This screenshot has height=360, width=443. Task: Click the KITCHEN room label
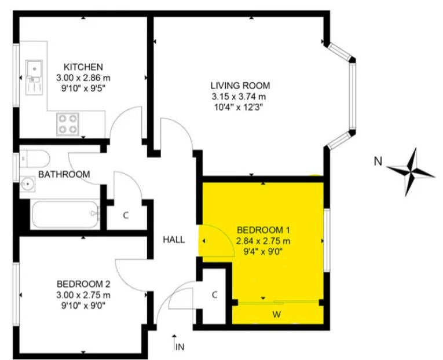[83, 67]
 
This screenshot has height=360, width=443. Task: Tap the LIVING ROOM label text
[240, 86]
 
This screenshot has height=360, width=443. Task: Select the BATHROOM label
[64, 174]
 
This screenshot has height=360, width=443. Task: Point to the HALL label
[174, 240]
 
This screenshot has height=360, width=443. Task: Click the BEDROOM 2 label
[83, 284]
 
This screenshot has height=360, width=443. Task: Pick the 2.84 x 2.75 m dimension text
[263, 241]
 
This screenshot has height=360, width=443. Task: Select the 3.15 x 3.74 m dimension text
[239, 97]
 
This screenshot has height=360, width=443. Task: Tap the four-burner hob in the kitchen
[68, 124]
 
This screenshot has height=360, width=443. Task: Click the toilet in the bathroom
[35, 159]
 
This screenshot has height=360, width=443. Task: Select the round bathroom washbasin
[27, 184]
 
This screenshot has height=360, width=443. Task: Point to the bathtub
[65, 214]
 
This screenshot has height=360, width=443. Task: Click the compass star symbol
[411, 172]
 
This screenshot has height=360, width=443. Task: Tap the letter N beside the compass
[378, 161]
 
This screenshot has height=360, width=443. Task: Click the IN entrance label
[180, 347]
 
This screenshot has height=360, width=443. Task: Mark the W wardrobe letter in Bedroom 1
[277, 314]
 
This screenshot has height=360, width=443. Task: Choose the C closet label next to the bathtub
[126, 215]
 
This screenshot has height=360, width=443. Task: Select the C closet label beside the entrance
[215, 295]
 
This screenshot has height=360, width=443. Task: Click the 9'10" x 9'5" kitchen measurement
[83, 89]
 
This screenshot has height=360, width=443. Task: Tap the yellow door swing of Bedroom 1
[216, 241]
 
